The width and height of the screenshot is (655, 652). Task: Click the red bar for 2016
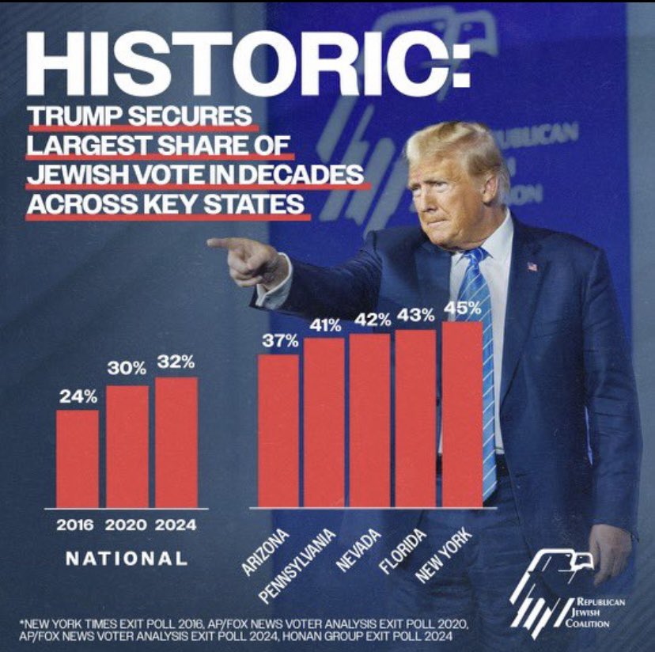(x=77, y=458)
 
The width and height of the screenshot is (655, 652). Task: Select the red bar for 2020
(x=127, y=446)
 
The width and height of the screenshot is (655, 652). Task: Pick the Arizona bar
(x=278, y=430)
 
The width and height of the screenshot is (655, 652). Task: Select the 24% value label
(x=78, y=396)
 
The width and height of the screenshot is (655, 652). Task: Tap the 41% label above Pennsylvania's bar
(x=324, y=325)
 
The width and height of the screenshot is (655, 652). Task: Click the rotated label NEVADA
(x=358, y=551)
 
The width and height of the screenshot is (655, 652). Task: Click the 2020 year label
(x=127, y=525)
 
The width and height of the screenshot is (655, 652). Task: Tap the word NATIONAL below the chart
(x=127, y=558)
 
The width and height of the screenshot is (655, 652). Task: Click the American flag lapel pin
(x=531, y=266)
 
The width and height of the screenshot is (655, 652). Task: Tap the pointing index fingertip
(x=212, y=242)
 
